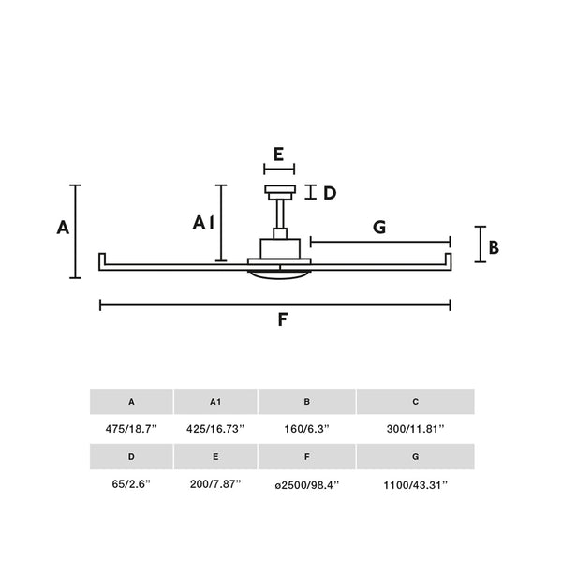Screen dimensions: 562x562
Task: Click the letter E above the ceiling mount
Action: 278,155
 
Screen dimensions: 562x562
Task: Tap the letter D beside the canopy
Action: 330,193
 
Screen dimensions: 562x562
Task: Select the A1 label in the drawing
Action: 203,223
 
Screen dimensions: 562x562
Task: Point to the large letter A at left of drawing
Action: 63,228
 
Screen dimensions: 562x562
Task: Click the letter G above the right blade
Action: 379,228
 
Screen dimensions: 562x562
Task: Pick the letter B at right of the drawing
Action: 494,247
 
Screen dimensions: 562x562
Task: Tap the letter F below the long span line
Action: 283,319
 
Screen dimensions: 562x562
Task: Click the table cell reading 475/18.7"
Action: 131,429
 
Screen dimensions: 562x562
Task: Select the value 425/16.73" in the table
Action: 215,429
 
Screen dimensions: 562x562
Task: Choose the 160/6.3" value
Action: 306,429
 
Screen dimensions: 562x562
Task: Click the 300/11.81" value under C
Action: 415,429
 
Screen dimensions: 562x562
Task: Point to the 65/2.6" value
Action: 131,484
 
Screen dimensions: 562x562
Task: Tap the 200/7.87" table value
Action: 215,484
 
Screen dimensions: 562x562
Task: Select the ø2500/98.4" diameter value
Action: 307,485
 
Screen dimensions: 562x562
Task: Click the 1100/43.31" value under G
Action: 416,485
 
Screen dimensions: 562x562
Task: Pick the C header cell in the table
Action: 415,402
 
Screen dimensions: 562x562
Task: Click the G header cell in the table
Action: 415,457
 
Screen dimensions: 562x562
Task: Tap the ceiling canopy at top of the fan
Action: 280,192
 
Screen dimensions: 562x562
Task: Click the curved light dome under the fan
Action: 279,274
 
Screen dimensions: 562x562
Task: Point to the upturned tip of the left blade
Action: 102,259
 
